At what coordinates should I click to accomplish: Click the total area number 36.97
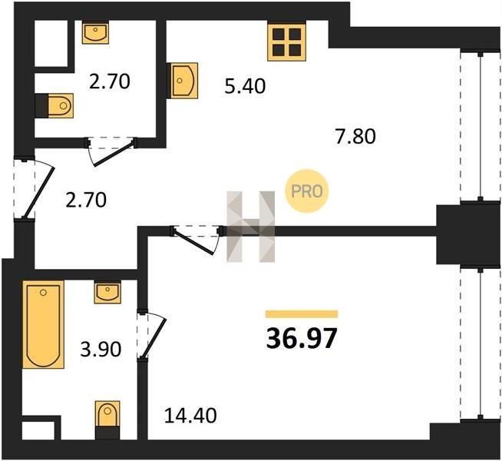[x=302, y=338]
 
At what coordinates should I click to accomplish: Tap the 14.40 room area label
[x=190, y=416]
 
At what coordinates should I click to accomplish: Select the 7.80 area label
[x=355, y=136]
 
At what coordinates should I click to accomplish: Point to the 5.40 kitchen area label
[x=245, y=86]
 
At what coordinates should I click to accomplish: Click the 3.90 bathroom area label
[x=101, y=349]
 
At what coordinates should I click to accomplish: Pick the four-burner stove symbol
[x=287, y=42]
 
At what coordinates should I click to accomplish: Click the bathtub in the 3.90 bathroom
[x=44, y=324]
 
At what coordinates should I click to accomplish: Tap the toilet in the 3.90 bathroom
[x=107, y=420]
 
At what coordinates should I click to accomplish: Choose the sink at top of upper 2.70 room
[x=95, y=32]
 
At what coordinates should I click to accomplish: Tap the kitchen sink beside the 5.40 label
[x=182, y=81]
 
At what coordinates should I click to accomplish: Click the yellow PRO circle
[x=307, y=191]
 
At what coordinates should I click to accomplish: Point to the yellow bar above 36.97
[x=302, y=314]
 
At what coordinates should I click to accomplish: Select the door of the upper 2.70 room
[x=111, y=151]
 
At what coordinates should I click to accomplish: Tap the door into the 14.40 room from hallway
[x=197, y=240]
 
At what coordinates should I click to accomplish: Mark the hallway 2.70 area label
[x=86, y=200]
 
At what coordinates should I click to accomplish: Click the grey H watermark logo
[x=251, y=227]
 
